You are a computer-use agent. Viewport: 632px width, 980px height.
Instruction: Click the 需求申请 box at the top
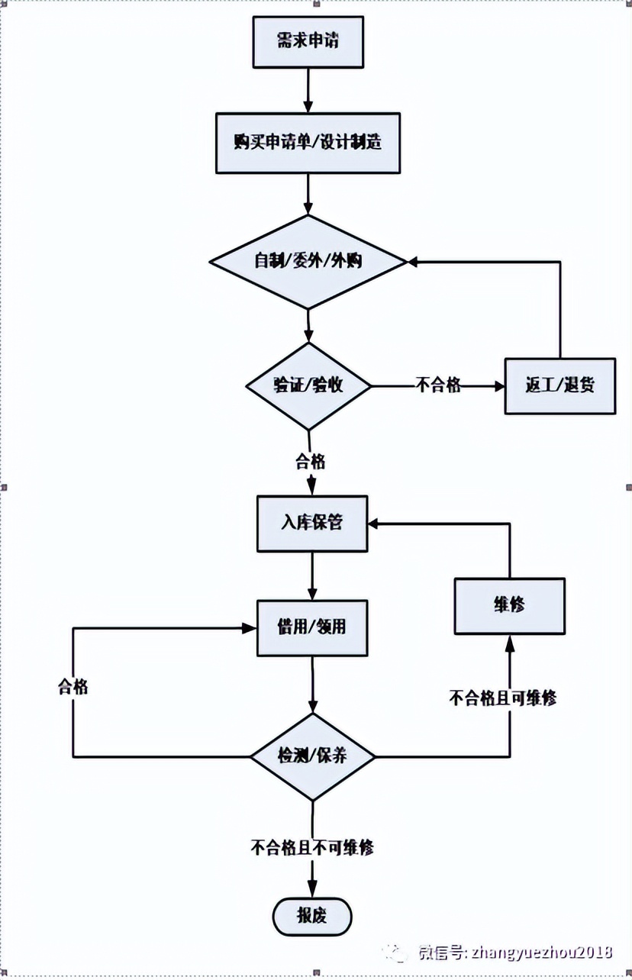308,40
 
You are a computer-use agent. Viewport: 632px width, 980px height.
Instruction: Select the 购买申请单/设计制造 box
308,143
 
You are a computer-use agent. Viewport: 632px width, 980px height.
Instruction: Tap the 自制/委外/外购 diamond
308,262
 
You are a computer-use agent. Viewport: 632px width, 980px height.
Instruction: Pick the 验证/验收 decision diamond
308,385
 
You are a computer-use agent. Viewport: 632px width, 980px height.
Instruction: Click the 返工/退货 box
559,386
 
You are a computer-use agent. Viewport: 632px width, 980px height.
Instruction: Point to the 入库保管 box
312,524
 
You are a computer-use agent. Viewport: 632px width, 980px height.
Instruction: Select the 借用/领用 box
312,627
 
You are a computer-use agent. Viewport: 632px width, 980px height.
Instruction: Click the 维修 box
509,606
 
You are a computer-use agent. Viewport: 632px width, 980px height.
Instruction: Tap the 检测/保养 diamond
312,756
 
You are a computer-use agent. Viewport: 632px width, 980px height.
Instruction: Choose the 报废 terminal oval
311,916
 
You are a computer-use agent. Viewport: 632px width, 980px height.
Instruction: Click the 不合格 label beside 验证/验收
438,385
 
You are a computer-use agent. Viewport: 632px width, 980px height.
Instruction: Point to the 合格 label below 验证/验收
310,462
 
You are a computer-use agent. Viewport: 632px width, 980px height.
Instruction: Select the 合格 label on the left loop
73,687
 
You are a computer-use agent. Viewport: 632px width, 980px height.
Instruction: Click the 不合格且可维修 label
502,698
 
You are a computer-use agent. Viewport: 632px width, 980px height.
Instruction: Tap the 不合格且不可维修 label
311,847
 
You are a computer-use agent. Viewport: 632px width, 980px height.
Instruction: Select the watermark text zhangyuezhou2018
542,952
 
